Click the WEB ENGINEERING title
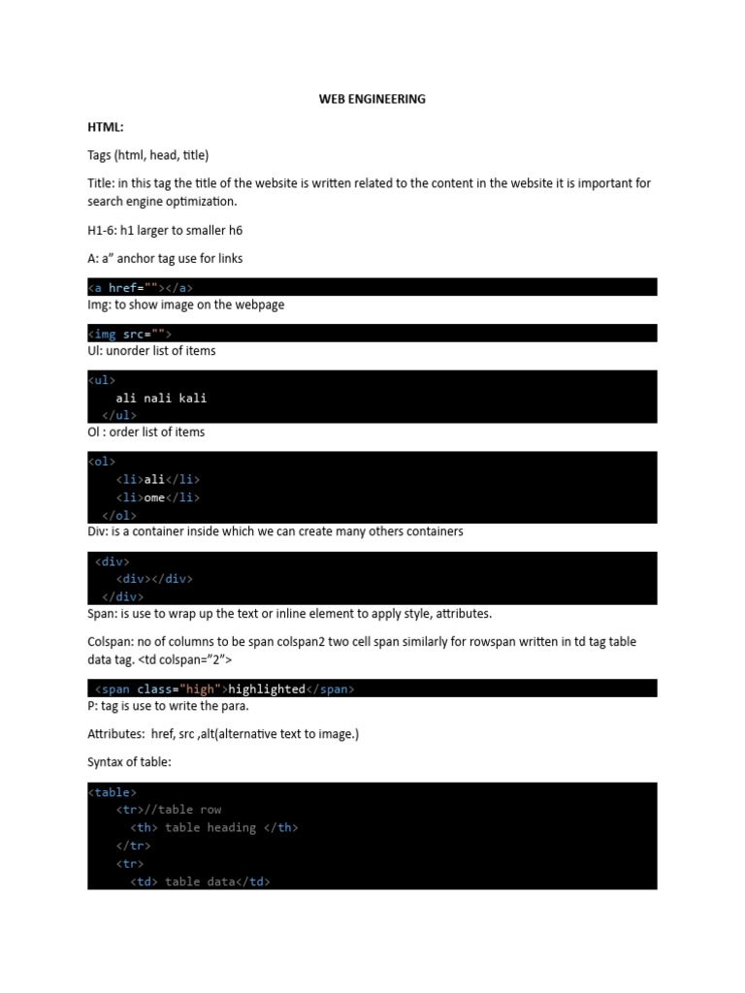click(372, 99)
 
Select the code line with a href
click(146, 287)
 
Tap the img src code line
click(129, 334)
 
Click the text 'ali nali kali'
click(161, 398)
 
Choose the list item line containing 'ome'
click(157, 497)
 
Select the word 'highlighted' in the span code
click(265, 689)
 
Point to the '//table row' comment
click(182, 810)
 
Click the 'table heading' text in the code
click(211, 827)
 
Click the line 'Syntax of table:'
click(129, 763)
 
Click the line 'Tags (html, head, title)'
click(147, 155)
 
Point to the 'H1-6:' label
click(102, 230)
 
